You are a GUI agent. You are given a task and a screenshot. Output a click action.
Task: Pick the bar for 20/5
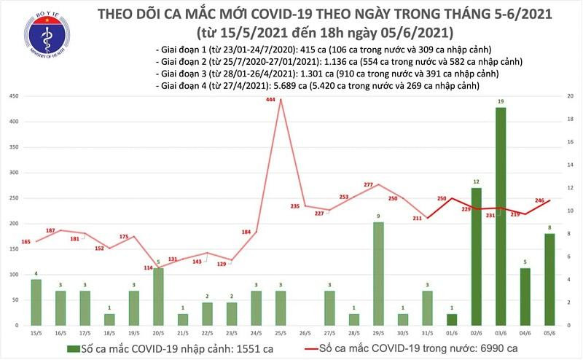tap(158, 296)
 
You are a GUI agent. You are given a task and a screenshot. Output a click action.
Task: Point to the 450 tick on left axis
tap(15, 96)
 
